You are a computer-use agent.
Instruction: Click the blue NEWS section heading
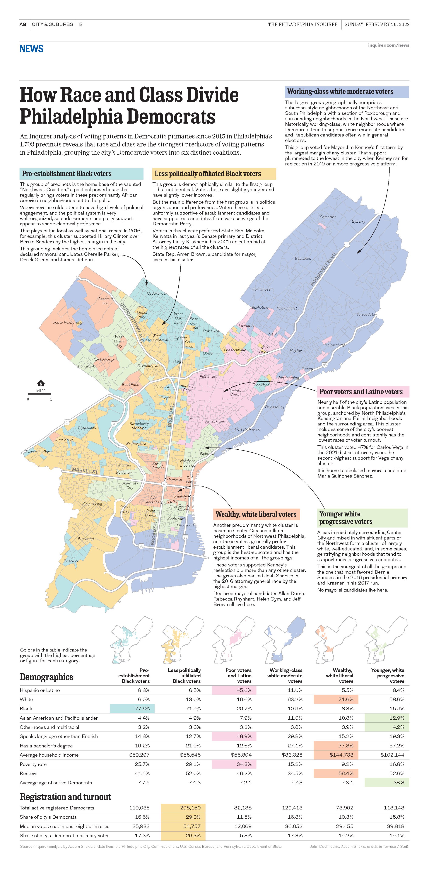coord(31,49)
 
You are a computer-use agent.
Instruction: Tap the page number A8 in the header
coord(23,24)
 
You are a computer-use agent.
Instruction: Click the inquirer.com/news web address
coord(388,45)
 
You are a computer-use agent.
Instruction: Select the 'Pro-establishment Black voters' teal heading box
coord(81,174)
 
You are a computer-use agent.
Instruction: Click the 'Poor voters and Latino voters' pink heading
coord(363,392)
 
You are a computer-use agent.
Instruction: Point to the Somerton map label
coord(328,217)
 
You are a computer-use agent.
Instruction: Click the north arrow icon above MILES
coord(41,383)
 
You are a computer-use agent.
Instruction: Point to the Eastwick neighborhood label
coord(71,561)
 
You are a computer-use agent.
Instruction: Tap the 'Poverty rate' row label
coord(33,764)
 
